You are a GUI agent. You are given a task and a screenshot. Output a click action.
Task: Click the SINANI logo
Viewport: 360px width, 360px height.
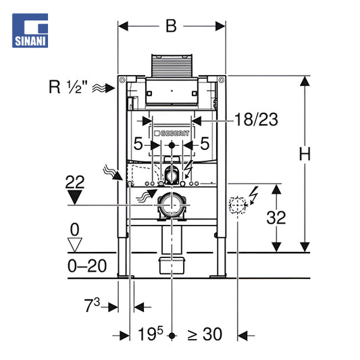[x=30, y=30]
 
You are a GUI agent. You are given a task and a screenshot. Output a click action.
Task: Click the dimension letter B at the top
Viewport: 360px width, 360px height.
[x=172, y=26]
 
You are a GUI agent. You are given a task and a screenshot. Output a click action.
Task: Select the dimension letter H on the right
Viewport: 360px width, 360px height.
[x=305, y=153]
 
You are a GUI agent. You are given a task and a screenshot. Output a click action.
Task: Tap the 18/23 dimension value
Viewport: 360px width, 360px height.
[x=256, y=120]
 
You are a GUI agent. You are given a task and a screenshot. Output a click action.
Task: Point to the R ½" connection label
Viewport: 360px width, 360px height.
[x=68, y=87]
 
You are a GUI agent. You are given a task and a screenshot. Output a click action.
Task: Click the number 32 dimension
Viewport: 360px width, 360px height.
[x=276, y=217]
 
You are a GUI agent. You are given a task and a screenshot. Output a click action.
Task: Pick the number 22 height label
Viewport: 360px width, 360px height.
[x=75, y=182]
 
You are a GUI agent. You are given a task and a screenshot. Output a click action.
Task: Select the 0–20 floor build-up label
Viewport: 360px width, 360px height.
[x=87, y=266]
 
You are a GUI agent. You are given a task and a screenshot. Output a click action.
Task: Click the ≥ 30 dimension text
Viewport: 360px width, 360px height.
[x=205, y=334]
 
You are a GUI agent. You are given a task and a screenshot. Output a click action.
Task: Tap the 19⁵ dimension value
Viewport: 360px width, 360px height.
[x=151, y=334]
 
